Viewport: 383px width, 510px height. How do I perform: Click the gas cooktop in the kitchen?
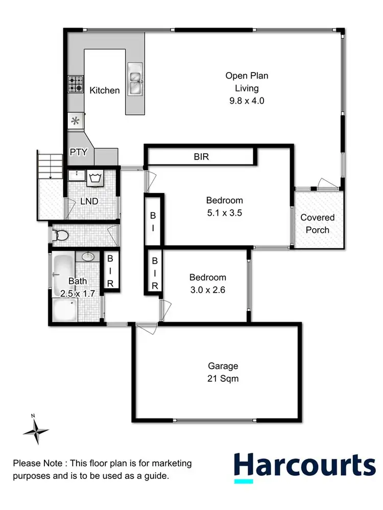point(75,84)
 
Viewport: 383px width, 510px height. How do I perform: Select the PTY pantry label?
point(78,152)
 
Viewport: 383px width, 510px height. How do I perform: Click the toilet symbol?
point(61,235)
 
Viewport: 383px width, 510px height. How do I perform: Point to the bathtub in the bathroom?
point(63,274)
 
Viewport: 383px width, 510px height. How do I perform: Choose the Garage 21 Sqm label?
point(223,372)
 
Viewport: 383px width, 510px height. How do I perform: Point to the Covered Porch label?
point(318,224)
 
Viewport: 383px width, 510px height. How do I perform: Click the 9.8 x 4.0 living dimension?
point(247,101)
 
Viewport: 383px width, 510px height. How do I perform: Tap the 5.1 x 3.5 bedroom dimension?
point(224,214)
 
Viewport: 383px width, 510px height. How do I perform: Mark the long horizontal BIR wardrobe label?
point(201,157)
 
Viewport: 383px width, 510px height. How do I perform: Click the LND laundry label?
point(89,201)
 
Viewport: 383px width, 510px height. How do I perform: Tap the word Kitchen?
point(105,90)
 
